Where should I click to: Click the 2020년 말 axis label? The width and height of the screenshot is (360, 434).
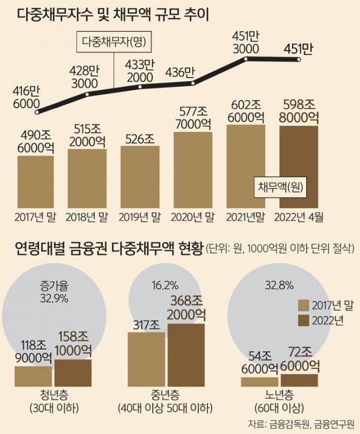(193, 216)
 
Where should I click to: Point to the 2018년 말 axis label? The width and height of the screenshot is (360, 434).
(88, 216)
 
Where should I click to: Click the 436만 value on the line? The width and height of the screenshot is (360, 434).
(181, 73)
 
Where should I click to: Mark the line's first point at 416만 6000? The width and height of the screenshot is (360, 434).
(37, 112)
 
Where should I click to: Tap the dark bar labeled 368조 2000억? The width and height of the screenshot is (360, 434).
(186, 354)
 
